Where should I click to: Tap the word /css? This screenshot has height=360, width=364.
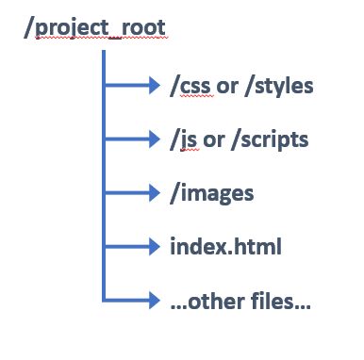tap(189, 88)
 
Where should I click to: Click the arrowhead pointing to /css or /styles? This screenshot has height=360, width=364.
tap(154, 87)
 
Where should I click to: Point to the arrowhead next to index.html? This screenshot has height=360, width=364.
tap(154, 247)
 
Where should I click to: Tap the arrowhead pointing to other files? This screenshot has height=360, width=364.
tap(154, 301)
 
